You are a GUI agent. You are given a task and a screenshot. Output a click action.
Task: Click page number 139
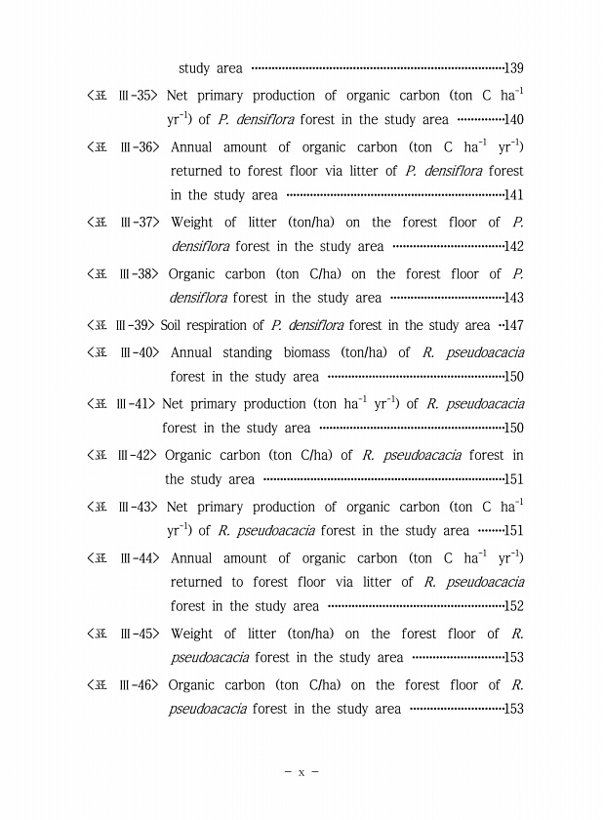pyautogui.click(x=514, y=69)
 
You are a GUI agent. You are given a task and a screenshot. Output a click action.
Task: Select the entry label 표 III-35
pyautogui.click(x=122, y=96)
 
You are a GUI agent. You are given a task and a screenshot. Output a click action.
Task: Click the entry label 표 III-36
pyautogui.click(x=124, y=147)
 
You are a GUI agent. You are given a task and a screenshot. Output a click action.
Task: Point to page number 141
pyautogui.click(x=514, y=196)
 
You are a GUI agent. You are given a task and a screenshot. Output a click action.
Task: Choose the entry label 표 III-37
pyautogui.click(x=124, y=223)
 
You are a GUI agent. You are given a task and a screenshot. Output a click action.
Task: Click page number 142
pyautogui.click(x=514, y=248)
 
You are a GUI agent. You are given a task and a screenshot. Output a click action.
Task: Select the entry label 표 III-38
pyautogui.click(x=123, y=274)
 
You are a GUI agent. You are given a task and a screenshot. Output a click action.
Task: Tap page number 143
pyautogui.click(x=514, y=299)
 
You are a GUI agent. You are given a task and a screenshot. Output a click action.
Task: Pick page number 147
pyautogui.click(x=514, y=326)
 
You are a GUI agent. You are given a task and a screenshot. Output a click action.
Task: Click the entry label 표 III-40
pyautogui.click(x=124, y=352)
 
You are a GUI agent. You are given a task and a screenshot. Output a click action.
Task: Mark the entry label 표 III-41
pyautogui.click(x=121, y=403)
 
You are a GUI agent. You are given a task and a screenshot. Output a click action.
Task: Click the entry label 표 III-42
pyautogui.click(x=122, y=455)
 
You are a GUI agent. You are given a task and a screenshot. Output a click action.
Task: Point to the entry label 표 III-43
pyautogui.click(x=122, y=507)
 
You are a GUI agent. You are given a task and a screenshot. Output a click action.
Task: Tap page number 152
pyautogui.click(x=514, y=607)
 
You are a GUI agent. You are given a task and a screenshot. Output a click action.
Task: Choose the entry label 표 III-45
pyautogui.click(x=124, y=634)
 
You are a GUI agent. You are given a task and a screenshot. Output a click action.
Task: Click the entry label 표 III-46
pyautogui.click(x=124, y=685)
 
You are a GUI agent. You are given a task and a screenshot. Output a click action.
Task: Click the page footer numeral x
pyautogui.click(x=301, y=772)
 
